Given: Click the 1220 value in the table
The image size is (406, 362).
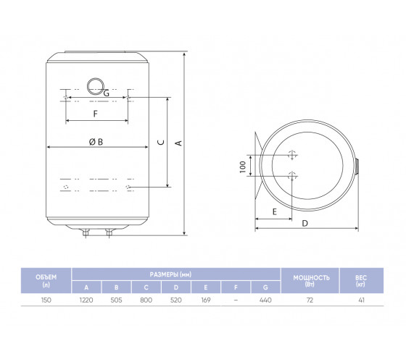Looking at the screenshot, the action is tap(86, 300).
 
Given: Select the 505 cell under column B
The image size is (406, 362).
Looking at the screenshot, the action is tap(116, 300).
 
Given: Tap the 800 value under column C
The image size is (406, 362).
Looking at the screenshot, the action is tap(146, 300).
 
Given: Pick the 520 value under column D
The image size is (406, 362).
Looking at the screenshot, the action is tap(175, 300).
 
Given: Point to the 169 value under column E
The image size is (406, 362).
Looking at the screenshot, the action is tap(206, 300).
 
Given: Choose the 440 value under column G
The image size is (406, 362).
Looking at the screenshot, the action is tap(265, 300).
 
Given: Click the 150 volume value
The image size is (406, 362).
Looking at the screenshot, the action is tap(46, 300).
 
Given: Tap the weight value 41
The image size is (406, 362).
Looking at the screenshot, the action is tap(362, 300).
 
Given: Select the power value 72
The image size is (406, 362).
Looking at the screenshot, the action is tap(310, 300).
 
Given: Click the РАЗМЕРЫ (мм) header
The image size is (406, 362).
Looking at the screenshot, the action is tap(170, 274).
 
